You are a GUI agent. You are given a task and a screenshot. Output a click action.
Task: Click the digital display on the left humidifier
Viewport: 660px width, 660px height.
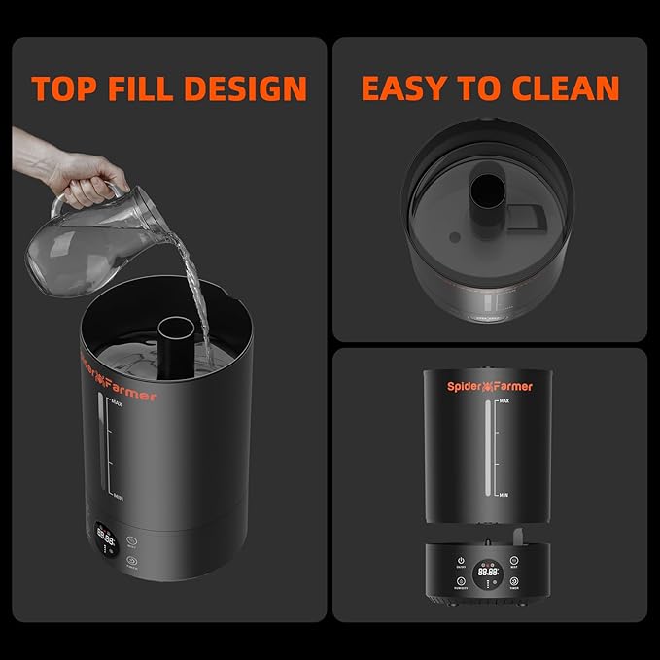click(x=106, y=536)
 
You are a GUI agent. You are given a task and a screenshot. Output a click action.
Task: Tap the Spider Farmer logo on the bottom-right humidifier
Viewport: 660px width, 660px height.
click(x=490, y=386)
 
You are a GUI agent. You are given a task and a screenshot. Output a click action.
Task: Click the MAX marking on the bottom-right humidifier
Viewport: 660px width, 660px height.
click(x=504, y=400)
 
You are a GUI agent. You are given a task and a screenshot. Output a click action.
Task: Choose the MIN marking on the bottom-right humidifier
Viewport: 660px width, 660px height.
click(x=504, y=496)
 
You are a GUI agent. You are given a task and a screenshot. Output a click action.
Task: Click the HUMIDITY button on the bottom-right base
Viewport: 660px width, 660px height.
click(x=460, y=582)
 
